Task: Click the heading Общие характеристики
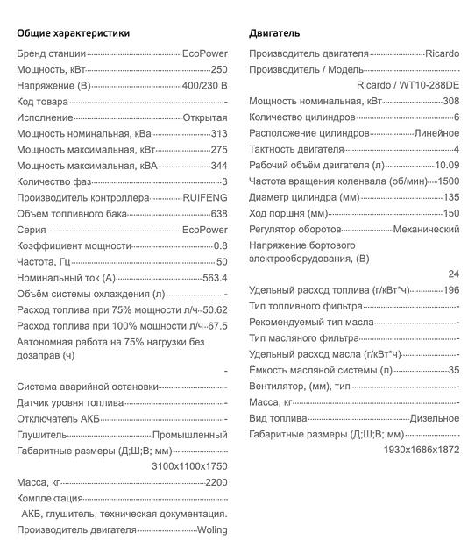point(73,33)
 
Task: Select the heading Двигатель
point(274,33)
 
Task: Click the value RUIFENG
point(205,198)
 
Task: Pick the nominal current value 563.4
point(215,278)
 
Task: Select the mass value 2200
point(216,483)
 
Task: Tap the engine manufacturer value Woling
point(211,529)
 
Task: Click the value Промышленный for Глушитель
point(190,435)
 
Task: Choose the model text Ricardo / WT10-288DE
point(408,85)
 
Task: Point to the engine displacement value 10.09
point(447,165)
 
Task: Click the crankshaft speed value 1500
point(449,181)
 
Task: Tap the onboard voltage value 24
point(453,273)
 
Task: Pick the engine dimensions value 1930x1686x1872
point(421,449)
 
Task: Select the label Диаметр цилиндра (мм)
point(304,196)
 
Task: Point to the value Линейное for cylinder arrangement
point(436,133)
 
